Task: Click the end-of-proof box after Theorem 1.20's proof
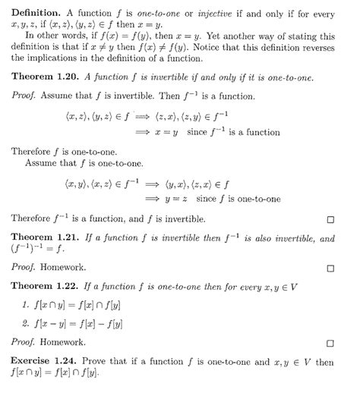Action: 330,220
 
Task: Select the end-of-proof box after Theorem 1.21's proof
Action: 330,268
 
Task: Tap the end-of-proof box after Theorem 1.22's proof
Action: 330,343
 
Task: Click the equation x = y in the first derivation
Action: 196,133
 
